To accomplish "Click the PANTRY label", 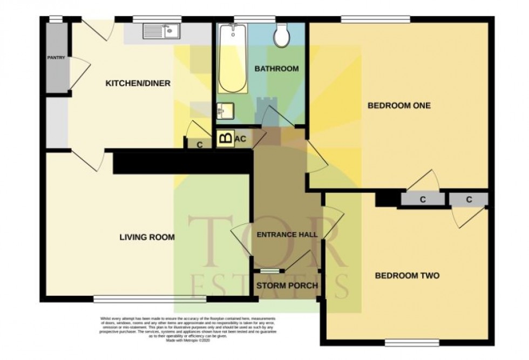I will tap(57, 58).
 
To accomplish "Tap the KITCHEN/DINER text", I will tap(138, 83).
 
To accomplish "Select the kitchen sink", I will tap(161, 31).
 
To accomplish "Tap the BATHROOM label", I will tap(276, 69).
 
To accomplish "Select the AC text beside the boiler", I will tap(241, 139).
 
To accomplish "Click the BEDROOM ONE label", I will tap(399, 105).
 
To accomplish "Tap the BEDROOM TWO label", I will tap(407, 275).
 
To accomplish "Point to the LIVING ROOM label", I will tap(147, 236).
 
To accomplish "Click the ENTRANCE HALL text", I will tap(287, 235).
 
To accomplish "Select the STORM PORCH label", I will tap(288, 285).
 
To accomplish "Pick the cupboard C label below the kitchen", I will tap(200, 144).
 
